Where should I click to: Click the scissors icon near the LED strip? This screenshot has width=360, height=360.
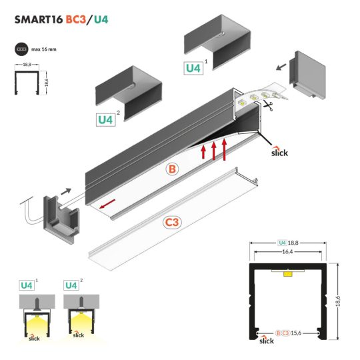click(268, 105)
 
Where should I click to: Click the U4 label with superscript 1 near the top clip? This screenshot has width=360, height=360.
click(193, 67)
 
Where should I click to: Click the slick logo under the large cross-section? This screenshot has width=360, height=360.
click(266, 341)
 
